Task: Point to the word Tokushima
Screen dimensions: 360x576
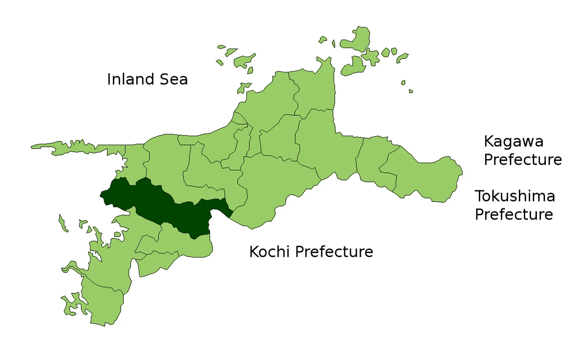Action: click(x=515, y=196)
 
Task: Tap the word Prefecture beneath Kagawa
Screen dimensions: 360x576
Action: click(x=522, y=160)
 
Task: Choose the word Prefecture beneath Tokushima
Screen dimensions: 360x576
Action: click(x=513, y=215)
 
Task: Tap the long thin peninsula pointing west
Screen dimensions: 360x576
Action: click(x=72, y=147)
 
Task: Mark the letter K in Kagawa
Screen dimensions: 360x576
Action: click(x=489, y=142)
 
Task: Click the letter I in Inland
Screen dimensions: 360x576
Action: click(x=109, y=80)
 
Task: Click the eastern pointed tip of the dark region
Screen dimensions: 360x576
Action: click(x=231, y=211)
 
